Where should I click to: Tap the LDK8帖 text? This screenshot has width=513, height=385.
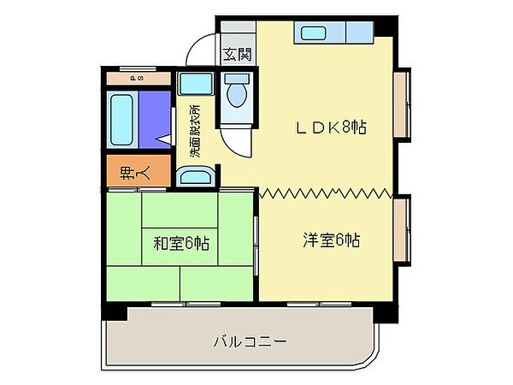point(331,127)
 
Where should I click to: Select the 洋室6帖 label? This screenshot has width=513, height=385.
point(331,240)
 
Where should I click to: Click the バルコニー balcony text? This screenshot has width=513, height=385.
point(250,342)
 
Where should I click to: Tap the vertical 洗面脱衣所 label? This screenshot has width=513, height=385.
point(195,131)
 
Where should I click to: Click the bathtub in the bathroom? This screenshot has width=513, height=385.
point(120,119)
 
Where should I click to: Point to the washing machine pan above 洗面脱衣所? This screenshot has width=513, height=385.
point(197,84)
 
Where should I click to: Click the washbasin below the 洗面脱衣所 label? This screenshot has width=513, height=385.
point(196,177)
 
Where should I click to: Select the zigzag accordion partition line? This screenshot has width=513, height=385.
point(325,191)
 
